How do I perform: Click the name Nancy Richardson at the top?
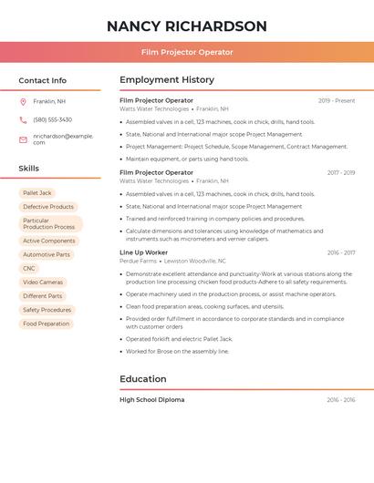click(x=187, y=26)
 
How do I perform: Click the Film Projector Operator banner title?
click(x=187, y=52)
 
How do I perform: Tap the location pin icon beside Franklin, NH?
click(x=23, y=101)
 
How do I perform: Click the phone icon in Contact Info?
click(x=23, y=119)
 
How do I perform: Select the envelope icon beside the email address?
click(x=23, y=139)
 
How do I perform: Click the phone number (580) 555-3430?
click(x=52, y=119)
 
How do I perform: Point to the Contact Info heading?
click(x=42, y=80)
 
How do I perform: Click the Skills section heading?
click(x=29, y=168)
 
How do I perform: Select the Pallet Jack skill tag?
click(x=37, y=193)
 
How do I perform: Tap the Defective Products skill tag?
click(x=48, y=207)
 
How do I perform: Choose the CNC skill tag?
click(x=29, y=268)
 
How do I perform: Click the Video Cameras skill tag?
click(x=43, y=282)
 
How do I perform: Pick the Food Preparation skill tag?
click(x=46, y=324)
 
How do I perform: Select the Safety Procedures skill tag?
click(x=47, y=310)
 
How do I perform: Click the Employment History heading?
click(x=167, y=80)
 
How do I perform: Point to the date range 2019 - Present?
click(x=337, y=100)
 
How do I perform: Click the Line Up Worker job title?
click(x=143, y=252)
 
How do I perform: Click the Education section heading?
click(x=143, y=379)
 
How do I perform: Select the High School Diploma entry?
click(x=151, y=399)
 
